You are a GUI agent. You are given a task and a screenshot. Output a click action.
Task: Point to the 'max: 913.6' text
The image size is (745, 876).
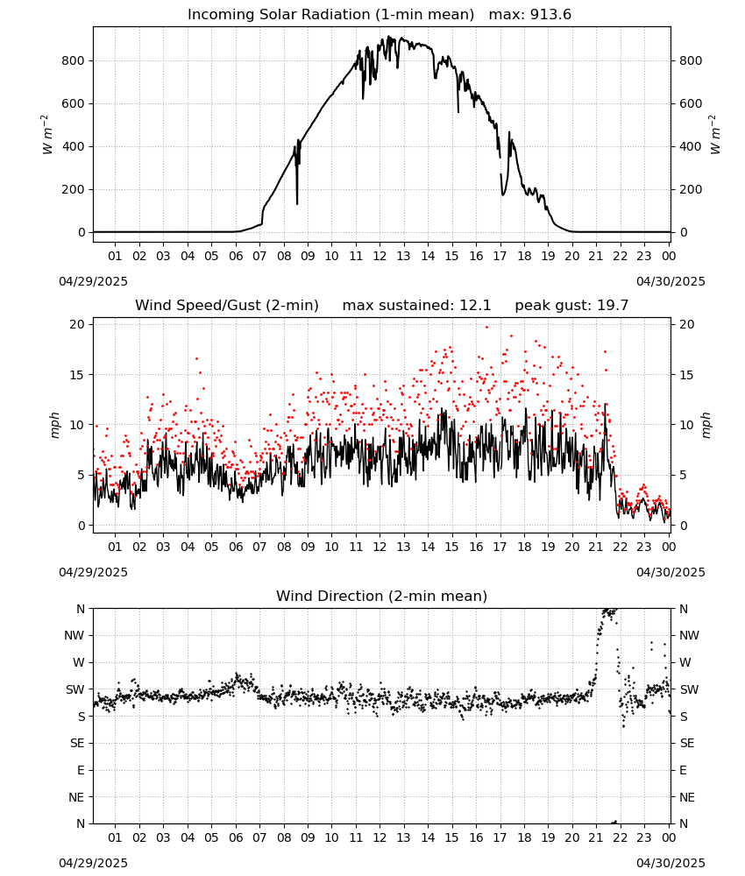[530, 15]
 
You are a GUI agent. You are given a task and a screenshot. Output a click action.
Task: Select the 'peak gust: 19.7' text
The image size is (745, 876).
[571, 306]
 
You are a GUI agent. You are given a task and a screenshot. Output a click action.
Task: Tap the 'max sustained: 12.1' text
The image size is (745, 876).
[416, 306]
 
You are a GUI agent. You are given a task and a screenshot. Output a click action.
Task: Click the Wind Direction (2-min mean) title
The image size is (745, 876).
[382, 596]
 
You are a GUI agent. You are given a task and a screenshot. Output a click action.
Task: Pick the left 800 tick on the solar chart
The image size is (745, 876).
[73, 60]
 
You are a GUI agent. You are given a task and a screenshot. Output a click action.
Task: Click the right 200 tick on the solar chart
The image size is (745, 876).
[691, 189]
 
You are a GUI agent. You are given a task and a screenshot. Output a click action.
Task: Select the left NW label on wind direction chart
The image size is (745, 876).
[74, 635]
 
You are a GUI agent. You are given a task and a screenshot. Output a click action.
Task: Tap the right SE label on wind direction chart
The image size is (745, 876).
[687, 743]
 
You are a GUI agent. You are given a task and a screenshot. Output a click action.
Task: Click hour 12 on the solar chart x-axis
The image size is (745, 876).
[380, 256]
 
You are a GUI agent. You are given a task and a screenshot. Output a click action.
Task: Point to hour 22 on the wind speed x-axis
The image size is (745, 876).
[621, 547]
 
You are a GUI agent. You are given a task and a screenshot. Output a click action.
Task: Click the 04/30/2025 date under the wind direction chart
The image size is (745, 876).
[670, 863]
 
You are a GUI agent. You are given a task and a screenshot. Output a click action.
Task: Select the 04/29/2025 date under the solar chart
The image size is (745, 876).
[93, 281]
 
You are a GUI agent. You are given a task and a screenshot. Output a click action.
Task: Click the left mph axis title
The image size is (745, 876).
[54, 425]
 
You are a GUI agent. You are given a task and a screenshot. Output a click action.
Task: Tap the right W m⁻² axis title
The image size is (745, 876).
[715, 134]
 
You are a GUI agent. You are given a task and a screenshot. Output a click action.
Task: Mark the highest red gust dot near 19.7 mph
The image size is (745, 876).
[486, 328]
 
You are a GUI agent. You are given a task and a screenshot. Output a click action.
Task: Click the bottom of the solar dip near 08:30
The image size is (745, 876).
[297, 204]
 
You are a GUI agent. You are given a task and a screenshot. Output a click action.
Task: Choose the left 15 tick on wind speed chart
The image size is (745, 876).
[77, 375]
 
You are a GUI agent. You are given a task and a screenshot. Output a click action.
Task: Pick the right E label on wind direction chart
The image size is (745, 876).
[683, 770]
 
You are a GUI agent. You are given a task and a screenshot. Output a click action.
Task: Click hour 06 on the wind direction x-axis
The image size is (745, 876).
[236, 837]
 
